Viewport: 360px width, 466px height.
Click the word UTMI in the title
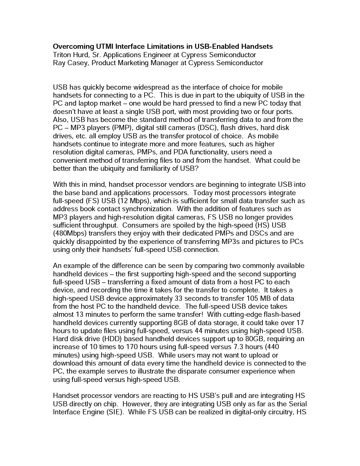click(x=104, y=47)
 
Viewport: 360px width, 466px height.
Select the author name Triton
click(x=62, y=55)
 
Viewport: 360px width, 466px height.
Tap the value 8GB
click(x=177, y=323)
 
